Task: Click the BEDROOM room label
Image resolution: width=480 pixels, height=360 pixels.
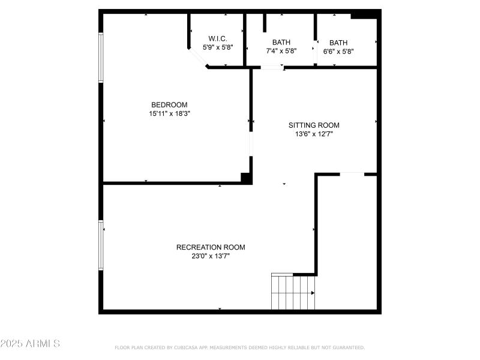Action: click(169, 104)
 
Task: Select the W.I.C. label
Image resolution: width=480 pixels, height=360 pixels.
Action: click(217, 38)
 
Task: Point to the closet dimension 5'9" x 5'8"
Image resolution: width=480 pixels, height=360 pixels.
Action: click(217, 47)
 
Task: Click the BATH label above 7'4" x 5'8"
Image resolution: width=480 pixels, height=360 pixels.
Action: click(281, 42)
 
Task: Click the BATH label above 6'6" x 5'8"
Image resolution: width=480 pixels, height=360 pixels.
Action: click(338, 43)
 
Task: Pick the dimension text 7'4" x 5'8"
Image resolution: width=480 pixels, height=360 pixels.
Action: click(281, 51)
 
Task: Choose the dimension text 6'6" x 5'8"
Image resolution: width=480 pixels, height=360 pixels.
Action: click(338, 52)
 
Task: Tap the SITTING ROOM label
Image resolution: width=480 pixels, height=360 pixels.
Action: click(314, 125)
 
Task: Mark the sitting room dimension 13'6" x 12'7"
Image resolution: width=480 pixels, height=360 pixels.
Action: click(314, 134)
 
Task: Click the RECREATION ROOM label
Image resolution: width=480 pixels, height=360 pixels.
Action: click(211, 247)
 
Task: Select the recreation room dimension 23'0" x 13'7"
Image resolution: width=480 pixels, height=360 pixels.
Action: click(211, 256)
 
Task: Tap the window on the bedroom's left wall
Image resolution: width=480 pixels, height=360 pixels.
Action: click(101, 57)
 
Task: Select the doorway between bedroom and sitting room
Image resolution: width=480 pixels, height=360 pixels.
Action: click(251, 144)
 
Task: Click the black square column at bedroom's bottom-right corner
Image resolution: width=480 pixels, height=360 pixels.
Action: click(245, 178)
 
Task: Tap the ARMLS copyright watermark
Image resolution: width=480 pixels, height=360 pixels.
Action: click(30, 344)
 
